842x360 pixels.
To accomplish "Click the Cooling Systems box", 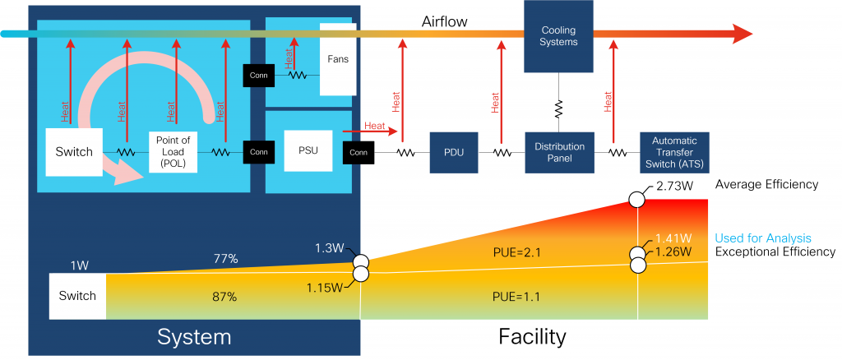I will [558, 36].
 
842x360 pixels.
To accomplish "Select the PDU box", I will [453, 152].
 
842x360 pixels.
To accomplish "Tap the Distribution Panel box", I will [558, 152].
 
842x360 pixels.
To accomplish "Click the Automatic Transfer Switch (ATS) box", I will [673, 152].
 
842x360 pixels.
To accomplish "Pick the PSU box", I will [308, 150].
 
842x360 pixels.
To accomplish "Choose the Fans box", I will [338, 59].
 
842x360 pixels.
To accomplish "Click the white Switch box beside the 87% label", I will [77, 296].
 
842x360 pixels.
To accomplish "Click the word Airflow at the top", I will [444, 21].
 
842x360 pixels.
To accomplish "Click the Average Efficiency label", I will [766, 185].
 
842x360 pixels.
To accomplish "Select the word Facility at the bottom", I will [533, 336].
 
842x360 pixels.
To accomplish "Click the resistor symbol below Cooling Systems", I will [559, 108].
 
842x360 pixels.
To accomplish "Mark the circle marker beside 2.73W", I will [638, 199].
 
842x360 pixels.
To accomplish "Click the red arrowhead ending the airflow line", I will [742, 34].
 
